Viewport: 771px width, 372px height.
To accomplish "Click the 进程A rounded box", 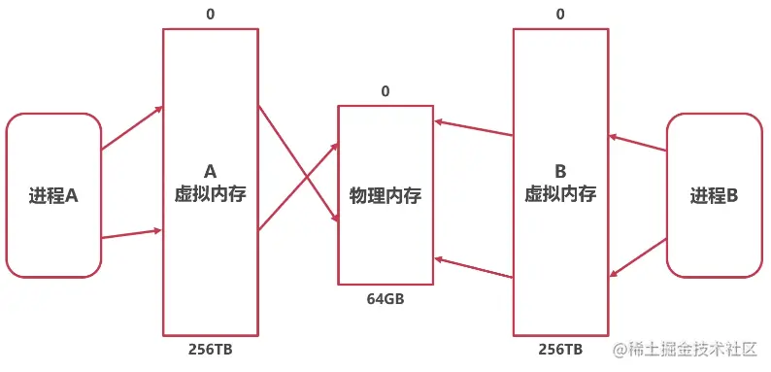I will pyautogui.click(x=53, y=195).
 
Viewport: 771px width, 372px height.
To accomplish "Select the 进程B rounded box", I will pyautogui.click(x=714, y=195).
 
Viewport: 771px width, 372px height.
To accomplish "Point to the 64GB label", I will pyautogui.click(x=385, y=298).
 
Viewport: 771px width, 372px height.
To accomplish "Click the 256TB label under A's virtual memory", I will pyautogui.click(x=211, y=349).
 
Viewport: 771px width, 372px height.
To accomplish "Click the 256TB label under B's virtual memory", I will pyautogui.click(x=560, y=349).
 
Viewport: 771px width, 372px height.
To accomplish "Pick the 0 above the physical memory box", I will pyautogui.click(x=385, y=91).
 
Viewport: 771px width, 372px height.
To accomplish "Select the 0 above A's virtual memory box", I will pyautogui.click(x=211, y=15).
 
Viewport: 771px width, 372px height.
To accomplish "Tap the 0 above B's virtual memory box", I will pyautogui.click(x=560, y=15).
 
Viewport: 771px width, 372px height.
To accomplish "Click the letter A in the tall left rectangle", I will pyautogui.click(x=211, y=171).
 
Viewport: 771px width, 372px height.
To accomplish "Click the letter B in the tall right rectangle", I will pyautogui.click(x=560, y=171).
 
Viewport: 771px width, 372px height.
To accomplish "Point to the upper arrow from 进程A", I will pyautogui.click(x=132, y=128).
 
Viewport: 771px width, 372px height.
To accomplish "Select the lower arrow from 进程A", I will pyautogui.click(x=132, y=233).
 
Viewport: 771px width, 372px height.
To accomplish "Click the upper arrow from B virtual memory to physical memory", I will pyautogui.click(x=474, y=129).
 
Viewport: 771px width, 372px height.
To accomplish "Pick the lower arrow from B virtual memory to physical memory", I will pyautogui.click(x=474, y=268).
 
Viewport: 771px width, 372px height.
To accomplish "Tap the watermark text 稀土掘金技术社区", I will pyautogui.click(x=696, y=349).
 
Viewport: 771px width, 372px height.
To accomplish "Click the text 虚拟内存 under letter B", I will pyautogui.click(x=560, y=192).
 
